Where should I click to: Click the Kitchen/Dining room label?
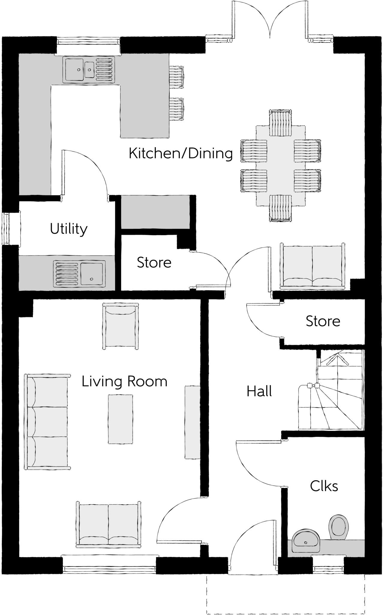[181, 153]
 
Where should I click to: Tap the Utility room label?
[69, 229]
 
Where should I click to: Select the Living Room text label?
[124, 381]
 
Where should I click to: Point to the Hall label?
[259, 391]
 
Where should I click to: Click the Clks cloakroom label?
[324, 486]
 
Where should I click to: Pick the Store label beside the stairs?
[323, 321]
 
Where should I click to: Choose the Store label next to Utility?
[154, 262]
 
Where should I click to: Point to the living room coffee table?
[120, 419]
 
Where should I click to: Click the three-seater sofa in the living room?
[47, 422]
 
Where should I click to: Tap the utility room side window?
[6, 229]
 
